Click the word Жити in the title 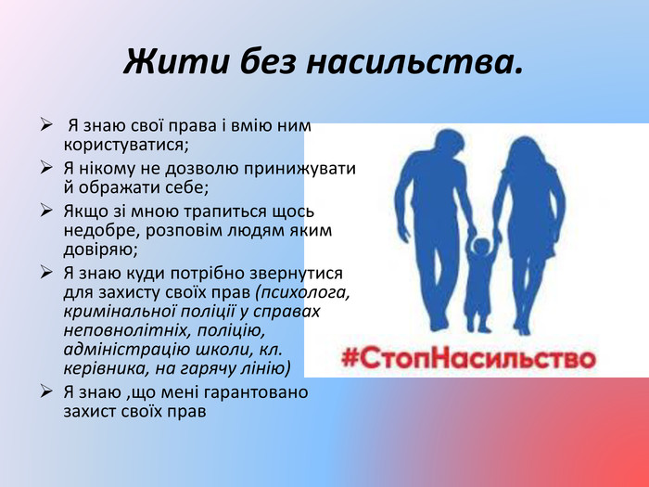click(176, 61)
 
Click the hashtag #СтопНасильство click(469, 358)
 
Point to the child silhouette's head click(481, 246)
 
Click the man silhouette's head click(449, 143)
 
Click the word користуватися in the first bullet click(126, 146)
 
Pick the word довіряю click(100, 250)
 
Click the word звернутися click(296, 274)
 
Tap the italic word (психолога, click(303, 293)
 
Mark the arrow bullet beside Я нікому click(46, 168)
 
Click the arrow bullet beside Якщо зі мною click(46, 211)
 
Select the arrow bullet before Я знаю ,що click(46, 391)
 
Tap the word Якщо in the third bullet click(85, 212)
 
